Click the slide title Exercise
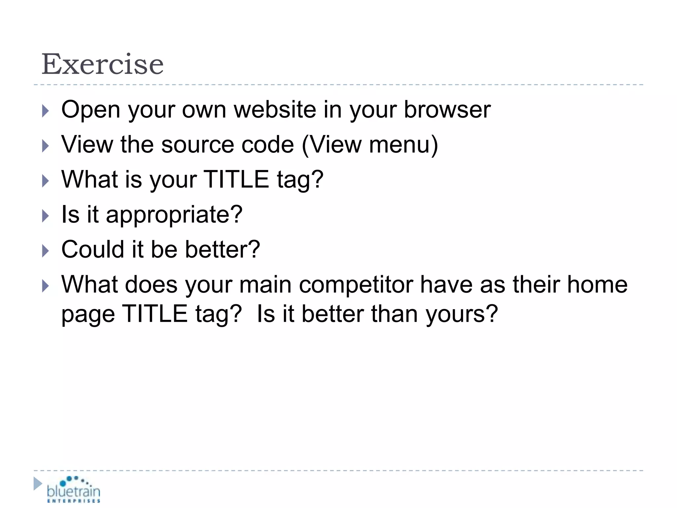click(102, 64)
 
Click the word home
click(597, 284)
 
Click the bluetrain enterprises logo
click(73, 489)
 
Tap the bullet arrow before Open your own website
click(46, 111)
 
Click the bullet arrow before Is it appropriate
click(46, 216)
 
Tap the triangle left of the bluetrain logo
click(38, 484)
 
